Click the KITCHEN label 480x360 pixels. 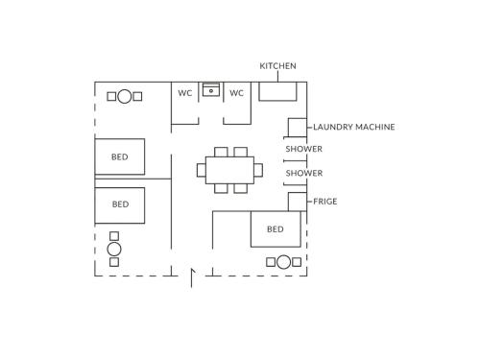coord(277,66)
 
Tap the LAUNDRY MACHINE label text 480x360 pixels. coord(354,127)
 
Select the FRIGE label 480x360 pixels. coord(325,202)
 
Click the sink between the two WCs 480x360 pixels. coord(211,89)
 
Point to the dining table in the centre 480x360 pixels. coord(229,170)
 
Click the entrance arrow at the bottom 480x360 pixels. coord(193,277)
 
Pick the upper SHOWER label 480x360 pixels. coord(304,149)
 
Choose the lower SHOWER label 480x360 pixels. coord(304,173)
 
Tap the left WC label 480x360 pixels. coord(185,93)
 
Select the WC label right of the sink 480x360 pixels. coord(236,93)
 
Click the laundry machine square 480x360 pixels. coord(298,128)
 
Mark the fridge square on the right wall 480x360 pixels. coord(298,202)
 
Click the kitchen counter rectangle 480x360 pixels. coord(277,91)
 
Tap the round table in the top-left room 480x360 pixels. coord(125,96)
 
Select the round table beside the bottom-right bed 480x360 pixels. coord(283,262)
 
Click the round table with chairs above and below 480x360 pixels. coord(114,249)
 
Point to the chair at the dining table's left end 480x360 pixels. coord(202,170)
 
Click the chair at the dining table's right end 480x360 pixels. coord(258,170)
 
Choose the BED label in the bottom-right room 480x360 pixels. coord(276,229)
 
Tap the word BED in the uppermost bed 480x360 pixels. coord(120,156)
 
